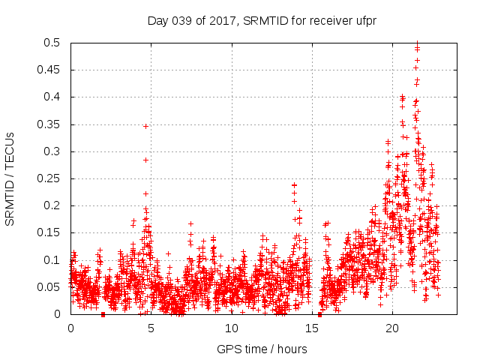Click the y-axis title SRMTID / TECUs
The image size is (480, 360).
coord(10,178)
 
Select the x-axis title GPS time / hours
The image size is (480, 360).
coord(262,349)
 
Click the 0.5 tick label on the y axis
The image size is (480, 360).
coord(54,43)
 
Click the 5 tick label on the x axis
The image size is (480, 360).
coord(151,328)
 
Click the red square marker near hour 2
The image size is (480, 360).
coord(103,314)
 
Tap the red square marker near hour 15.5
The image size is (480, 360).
coord(319,314)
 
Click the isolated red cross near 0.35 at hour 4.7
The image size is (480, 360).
coord(145,126)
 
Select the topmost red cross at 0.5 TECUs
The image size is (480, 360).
coord(417,43)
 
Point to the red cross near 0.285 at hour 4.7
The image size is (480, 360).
coord(145,160)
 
